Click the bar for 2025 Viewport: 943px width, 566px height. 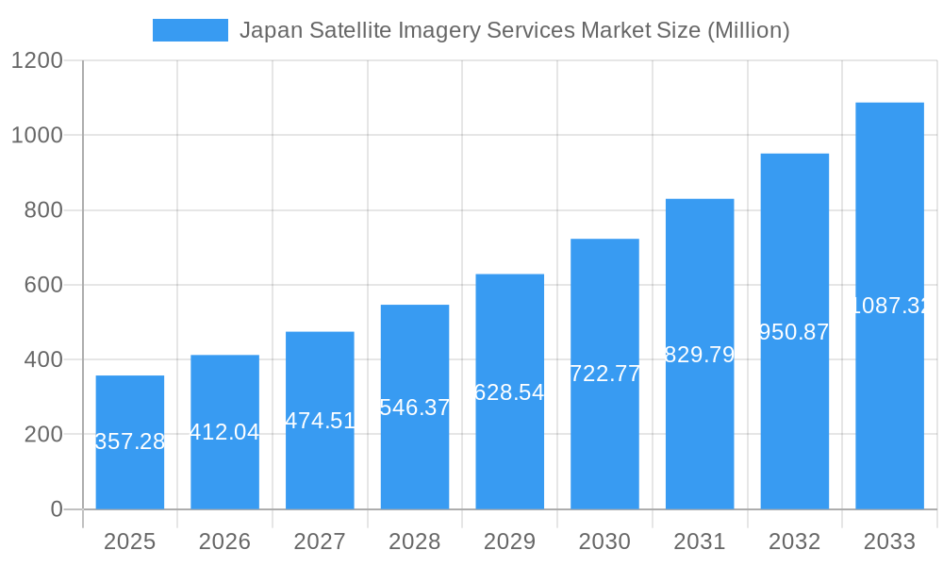coord(130,442)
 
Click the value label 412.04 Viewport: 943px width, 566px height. coord(224,432)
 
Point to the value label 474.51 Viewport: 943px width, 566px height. coord(320,421)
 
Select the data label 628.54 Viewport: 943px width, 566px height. coord(509,392)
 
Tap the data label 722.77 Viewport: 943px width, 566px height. coord(604,374)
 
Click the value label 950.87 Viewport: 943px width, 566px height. coord(794,332)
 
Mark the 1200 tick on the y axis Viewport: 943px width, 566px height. coord(37,61)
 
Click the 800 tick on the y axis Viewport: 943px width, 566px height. coord(43,210)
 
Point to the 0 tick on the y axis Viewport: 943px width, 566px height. coord(56,509)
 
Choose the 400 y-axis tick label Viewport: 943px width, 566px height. coord(43,359)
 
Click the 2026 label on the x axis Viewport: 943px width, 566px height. coord(224,541)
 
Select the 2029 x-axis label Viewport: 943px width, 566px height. coord(509,541)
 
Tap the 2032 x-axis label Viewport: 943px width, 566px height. coord(794,541)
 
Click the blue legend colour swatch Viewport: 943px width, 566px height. coord(190,30)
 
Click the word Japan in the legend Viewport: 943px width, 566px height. coord(268,30)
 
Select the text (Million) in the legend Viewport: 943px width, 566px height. coord(748,30)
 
